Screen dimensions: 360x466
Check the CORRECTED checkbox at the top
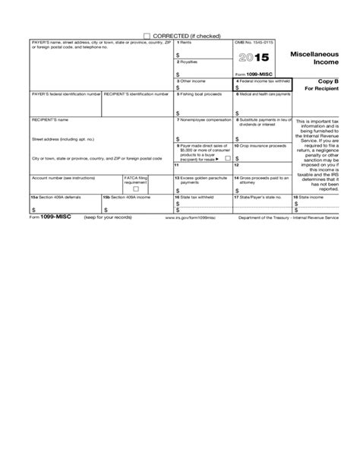click(147, 36)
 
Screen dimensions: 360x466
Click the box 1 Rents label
click(185, 43)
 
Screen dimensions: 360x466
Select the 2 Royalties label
click(189, 62)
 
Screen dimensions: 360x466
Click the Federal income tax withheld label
click(263, 81)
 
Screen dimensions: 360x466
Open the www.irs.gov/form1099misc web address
click(194, 217)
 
